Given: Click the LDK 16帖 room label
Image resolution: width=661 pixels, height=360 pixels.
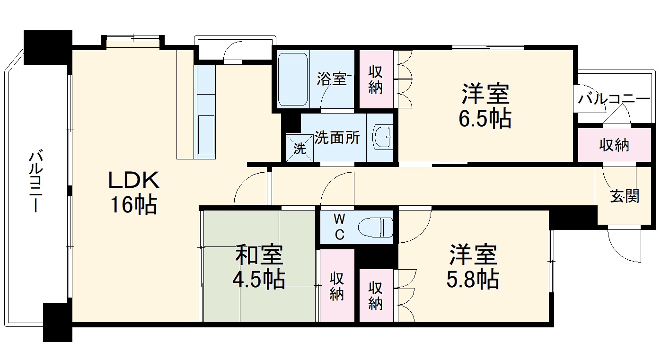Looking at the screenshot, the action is pos(134,193).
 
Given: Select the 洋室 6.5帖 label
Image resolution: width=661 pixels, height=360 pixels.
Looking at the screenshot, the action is pos(485,105).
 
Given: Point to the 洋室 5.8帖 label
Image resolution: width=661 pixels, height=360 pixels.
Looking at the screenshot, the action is pos(473,266).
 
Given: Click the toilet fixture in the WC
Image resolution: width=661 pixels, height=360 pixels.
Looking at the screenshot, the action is pos(376,228).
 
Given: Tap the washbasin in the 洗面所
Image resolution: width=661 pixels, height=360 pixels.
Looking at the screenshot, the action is pos(383,137).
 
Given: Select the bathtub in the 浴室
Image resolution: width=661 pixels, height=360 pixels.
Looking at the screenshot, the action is pos(293,79).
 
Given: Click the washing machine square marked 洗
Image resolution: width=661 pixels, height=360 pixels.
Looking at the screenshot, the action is pos(300,148).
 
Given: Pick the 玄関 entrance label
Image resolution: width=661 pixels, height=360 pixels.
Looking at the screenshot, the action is pos(625,196).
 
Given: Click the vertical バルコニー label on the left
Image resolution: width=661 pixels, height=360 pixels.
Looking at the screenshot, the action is pos(36,181).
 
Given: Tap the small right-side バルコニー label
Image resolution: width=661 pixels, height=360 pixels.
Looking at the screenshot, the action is pos(614,99).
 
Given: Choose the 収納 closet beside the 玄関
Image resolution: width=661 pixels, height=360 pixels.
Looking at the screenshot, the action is pos(614,145).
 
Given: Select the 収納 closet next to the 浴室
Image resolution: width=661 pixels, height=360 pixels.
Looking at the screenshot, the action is pos(376,79).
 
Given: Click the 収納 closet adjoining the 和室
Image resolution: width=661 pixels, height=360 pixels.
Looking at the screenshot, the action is pos(337,286).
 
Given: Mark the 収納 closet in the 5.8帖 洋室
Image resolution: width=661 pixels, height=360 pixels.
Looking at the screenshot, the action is pos(376,295).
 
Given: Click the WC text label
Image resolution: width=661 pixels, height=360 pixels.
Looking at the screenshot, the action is pos(340,227).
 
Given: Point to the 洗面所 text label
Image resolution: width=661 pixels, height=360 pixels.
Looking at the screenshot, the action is pos(337,138).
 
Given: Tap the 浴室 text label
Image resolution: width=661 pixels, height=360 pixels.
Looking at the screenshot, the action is pos(332,79).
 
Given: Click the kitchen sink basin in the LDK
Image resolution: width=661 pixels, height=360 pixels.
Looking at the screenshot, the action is pos(206,134).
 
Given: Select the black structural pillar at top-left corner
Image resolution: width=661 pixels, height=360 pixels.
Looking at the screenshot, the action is pos(48,47).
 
